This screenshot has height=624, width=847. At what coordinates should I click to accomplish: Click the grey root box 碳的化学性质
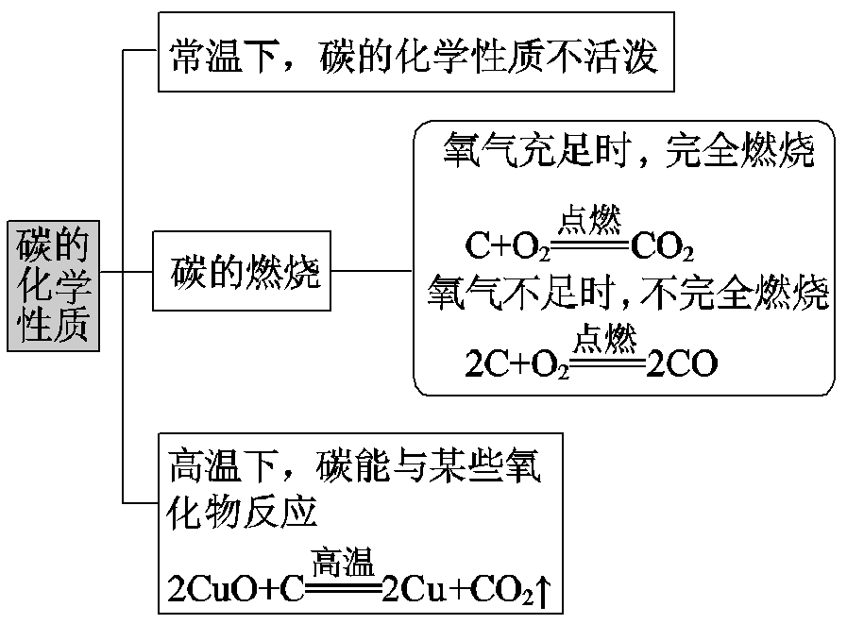tap(53, 286)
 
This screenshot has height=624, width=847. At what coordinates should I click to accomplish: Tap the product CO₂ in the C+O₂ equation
tap(662, 247)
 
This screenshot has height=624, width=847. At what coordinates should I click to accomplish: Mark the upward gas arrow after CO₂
tap(544, 590)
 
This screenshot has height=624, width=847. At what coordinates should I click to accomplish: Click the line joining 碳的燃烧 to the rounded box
tap(372, 271)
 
